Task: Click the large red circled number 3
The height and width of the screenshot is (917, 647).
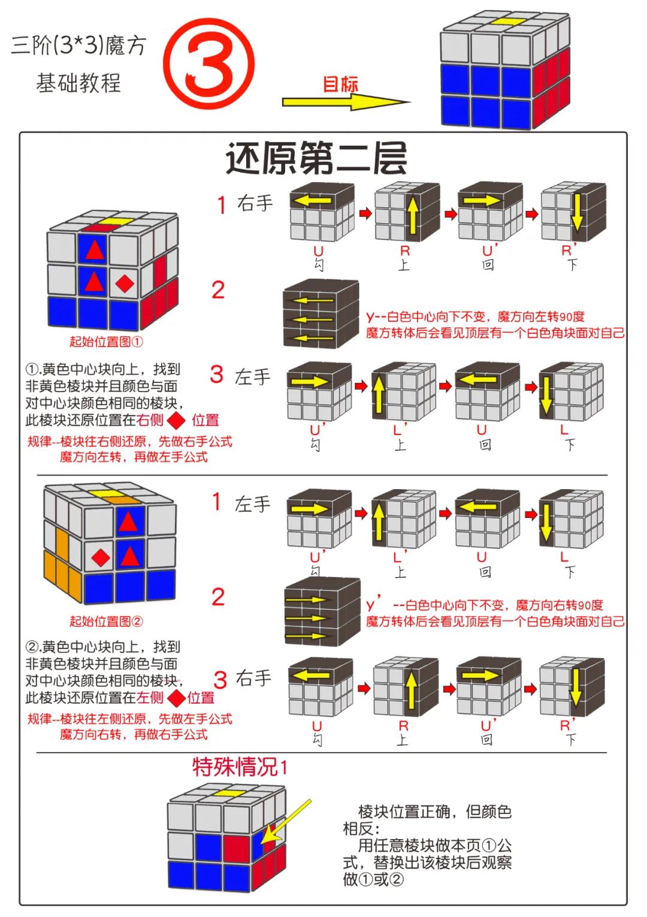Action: tap(208, 64)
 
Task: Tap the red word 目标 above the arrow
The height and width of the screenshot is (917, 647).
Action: tap(340, 84)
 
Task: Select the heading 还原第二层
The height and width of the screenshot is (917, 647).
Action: tap(316, 158)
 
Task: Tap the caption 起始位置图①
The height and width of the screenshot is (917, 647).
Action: tap(106, 342)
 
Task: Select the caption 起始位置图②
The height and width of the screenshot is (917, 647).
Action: tap(106, 621)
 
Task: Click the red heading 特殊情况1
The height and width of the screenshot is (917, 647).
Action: tap(240, 767)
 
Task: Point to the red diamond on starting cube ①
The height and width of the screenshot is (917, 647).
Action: tap(125, 283)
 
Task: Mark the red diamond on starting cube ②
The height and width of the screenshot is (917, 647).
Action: tap(101, 558)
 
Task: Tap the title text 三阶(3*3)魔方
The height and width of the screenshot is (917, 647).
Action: tap(78, 46)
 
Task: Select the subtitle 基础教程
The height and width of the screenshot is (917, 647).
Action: tap(78, 83)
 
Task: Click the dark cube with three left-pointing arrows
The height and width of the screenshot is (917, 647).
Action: tap(321, 314)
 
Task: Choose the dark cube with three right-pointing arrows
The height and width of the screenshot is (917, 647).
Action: tap(322, 611)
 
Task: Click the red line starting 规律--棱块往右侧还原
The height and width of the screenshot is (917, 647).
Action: tap(129, 442)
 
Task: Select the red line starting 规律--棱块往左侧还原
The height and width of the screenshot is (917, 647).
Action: tap(129, 719)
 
